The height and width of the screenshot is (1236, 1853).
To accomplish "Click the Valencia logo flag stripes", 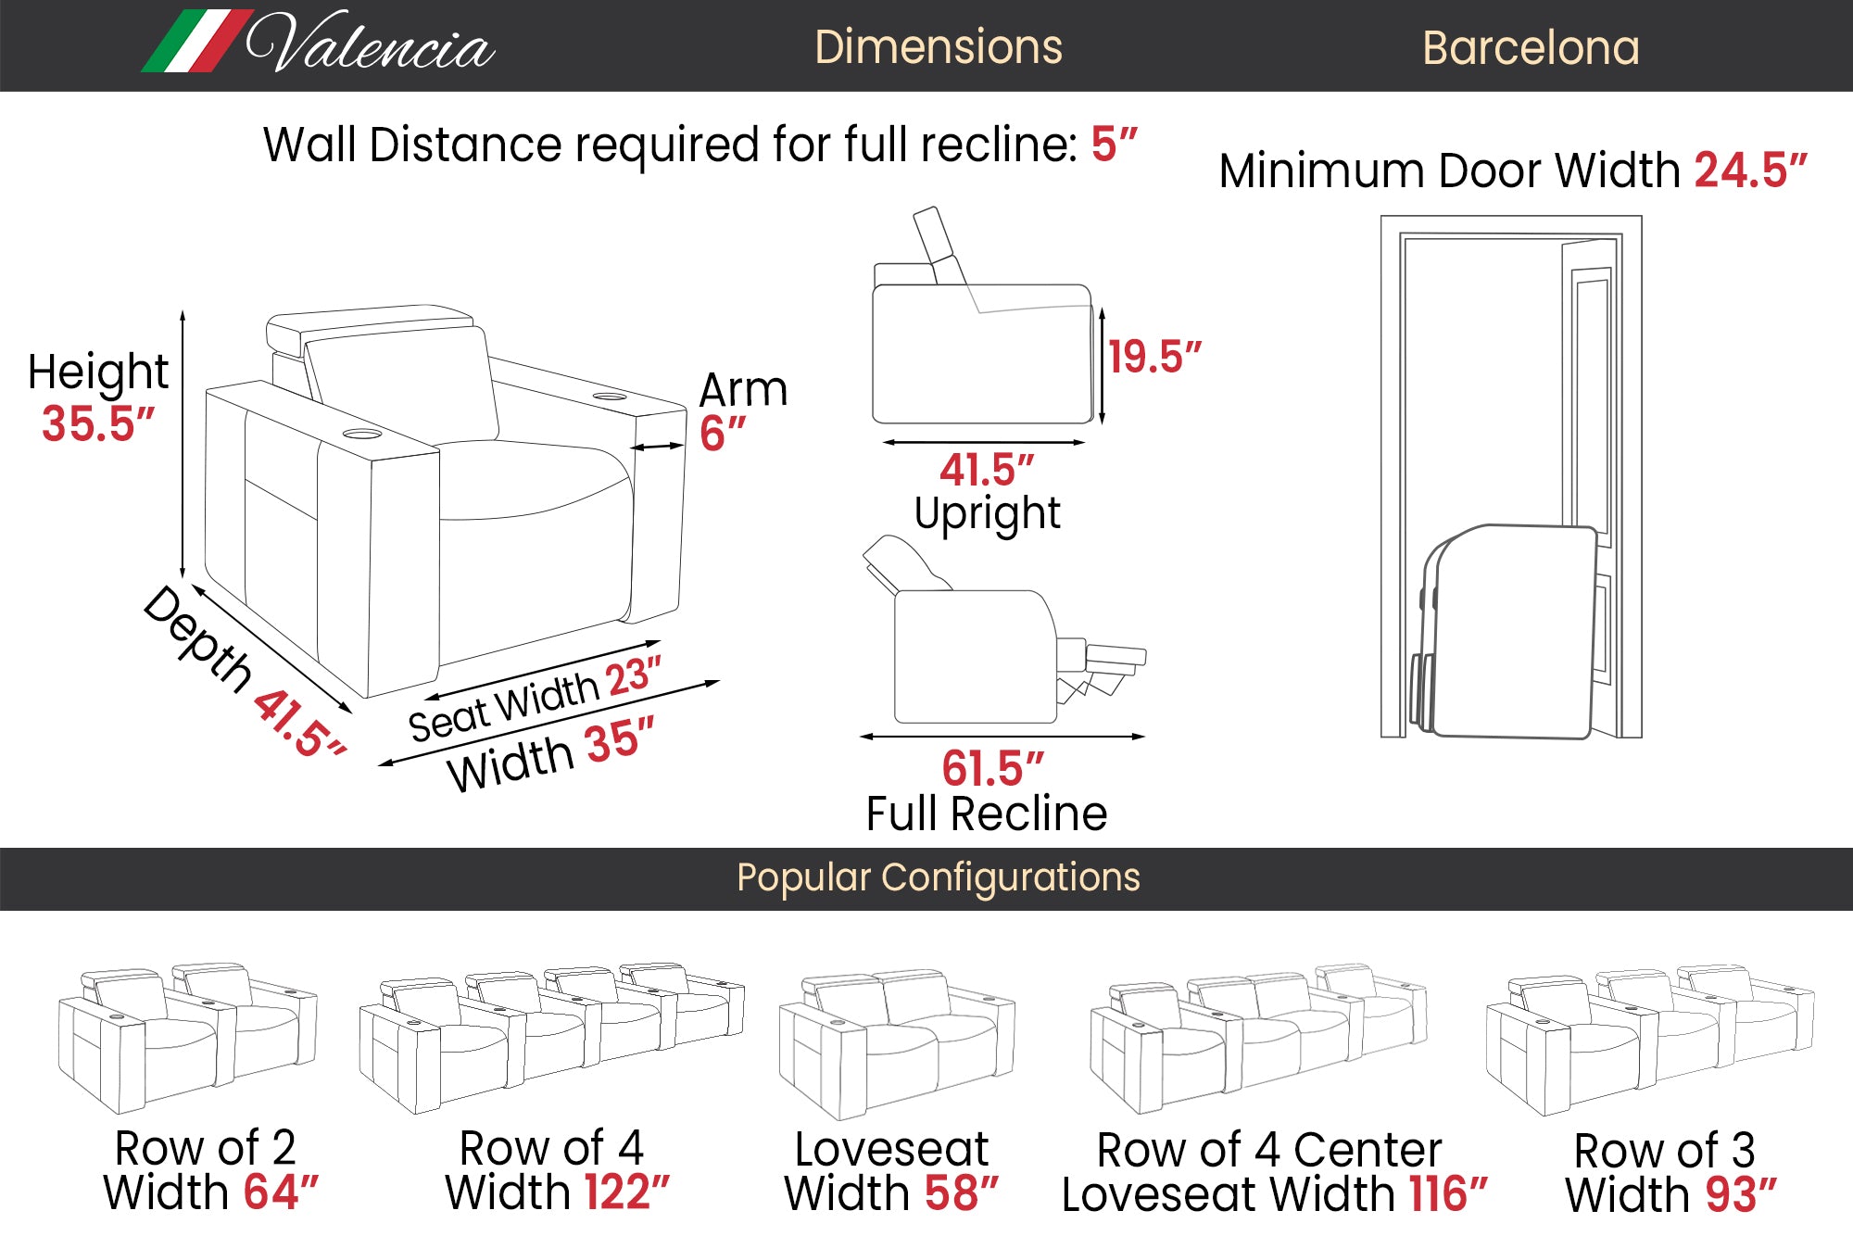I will coord(196,42).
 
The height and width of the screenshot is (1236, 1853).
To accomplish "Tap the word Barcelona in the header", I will coord(1531,48).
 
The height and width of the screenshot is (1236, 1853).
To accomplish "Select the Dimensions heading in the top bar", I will coord(938,47).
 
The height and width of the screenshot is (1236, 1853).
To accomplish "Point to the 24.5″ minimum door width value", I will coord(1750,170).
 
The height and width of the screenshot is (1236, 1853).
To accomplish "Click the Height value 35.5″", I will coord(97,424).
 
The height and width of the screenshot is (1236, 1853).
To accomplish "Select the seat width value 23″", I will coord(634,676).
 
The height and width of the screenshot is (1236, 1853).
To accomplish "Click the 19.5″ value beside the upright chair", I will coord(1154,357).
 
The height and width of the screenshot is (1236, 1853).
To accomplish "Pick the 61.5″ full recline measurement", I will coord(992,768).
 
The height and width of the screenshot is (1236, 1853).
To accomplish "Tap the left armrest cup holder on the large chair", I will coord(361,434).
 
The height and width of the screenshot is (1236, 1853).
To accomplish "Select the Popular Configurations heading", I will coord(938,877).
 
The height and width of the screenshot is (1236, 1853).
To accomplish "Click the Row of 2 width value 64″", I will coord(280,1192).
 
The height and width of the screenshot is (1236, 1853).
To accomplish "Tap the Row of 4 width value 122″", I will coord(622,1192).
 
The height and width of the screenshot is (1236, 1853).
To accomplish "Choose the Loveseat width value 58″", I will coord(961,1193).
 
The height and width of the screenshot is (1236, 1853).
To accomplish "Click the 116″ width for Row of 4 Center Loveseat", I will coord(1447,1194).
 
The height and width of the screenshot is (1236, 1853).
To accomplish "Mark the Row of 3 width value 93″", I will coord(1740,1195).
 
